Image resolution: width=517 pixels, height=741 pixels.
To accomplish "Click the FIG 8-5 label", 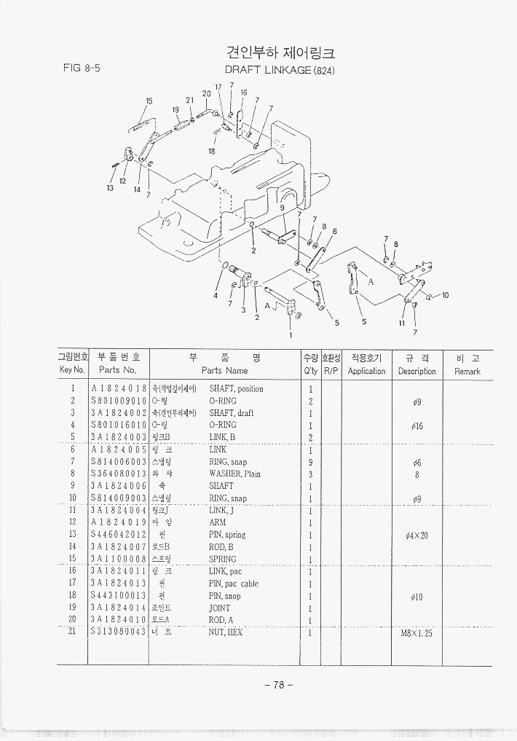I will [x=81, y=68].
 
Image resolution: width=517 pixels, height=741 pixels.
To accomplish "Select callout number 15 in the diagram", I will [x=149, y=101].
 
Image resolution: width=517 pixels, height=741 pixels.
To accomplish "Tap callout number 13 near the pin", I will [x=110, y=188].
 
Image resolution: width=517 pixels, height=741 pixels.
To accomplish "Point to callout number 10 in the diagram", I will [x=445, y=295].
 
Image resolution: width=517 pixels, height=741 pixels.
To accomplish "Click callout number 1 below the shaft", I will [x=290, y=335].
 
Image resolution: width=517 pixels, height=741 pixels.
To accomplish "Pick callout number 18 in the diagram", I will [x=211, y=151].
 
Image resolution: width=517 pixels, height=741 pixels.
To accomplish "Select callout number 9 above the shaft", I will [x=283, y=208].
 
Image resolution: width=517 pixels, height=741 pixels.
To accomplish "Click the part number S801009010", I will [x=119, y=401].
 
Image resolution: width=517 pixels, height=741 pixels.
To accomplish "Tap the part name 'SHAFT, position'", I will [x=236, y=388].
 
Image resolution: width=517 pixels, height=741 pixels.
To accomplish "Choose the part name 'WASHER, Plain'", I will [x=235, y=474].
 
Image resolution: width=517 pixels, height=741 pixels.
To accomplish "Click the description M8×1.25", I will [x=417, y=633].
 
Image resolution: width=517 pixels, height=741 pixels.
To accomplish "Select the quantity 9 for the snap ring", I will [x=310, y=462].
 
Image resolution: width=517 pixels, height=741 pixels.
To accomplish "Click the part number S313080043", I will [x=119, y=632].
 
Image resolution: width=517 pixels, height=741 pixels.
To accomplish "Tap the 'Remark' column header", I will [x=467, y=371].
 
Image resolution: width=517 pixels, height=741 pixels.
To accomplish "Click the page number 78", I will [x=278, y=685].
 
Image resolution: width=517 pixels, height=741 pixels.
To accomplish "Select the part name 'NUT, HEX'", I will [x=226, y=632].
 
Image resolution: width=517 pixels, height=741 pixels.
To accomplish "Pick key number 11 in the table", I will [x=73, y=510].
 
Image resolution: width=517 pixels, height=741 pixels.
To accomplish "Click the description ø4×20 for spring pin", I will [x=417, y=535].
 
